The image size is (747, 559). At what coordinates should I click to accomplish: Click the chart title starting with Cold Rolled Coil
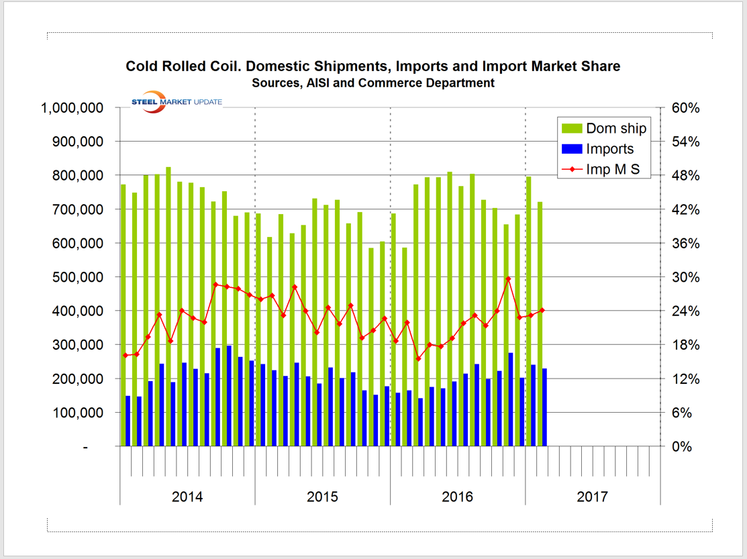373,66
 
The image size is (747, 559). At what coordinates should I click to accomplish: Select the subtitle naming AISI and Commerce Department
373,83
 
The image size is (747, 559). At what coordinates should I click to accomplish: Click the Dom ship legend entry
615,128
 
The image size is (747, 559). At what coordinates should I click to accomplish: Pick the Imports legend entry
609,149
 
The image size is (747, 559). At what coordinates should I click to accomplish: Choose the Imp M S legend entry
613,170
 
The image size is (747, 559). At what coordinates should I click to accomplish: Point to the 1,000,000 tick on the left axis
73,108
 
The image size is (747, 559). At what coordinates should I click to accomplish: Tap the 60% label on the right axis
686,108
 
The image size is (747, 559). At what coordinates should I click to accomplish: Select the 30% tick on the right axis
686,277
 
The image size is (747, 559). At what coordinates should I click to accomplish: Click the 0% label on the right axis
683,446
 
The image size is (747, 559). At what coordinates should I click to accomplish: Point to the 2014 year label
187,497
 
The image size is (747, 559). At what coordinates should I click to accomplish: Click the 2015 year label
322,497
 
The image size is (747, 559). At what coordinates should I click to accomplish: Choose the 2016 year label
457,497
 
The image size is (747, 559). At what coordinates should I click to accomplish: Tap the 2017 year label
592,497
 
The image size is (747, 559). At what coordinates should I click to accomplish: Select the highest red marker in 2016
508,278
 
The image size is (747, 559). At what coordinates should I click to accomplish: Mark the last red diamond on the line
542,310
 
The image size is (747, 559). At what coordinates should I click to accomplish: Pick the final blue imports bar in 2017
545,407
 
